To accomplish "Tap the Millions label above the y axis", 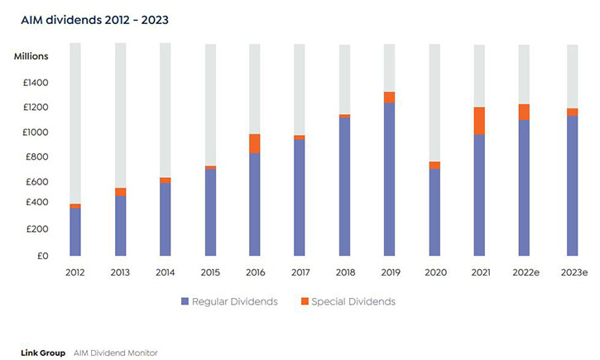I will pos(31,56).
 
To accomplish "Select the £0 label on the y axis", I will pos(42,256).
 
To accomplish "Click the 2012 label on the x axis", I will pos(75,271).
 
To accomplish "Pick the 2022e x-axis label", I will pos(524,271).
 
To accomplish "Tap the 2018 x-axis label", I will pos(344,271).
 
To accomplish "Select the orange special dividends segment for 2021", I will pos(479,121).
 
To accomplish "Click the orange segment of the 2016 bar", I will pos(255,143).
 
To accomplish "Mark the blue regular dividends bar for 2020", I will pos(434,212).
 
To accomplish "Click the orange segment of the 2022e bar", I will pos(524,112).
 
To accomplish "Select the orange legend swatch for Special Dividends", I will pos(305,301).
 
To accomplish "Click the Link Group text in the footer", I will pos(43,353).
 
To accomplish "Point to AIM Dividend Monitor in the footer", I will pos(115,353).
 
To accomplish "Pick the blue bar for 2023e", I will pos(572,185).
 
